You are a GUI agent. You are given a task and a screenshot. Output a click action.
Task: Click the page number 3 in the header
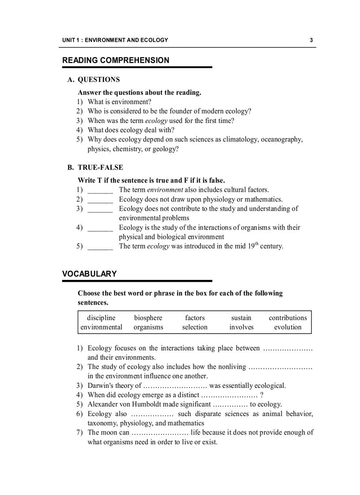point(311,40)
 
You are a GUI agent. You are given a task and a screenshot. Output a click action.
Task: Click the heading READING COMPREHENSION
point(116,60)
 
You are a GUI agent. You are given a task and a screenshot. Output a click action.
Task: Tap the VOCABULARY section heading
point(90,274)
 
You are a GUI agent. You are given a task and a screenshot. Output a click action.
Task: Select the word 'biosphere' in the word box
point(148,318)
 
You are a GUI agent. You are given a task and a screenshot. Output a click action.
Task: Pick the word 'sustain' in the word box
point(241,318)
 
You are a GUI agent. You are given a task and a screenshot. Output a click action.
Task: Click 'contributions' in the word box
point(288,318)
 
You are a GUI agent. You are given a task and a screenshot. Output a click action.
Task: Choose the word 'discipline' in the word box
point(101,318)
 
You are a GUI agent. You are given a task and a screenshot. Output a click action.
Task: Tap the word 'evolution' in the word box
point(288,327)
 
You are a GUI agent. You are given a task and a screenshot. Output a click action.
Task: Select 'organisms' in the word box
point(148,327)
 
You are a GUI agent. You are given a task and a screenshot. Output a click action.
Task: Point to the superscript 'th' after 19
point(256,244)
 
